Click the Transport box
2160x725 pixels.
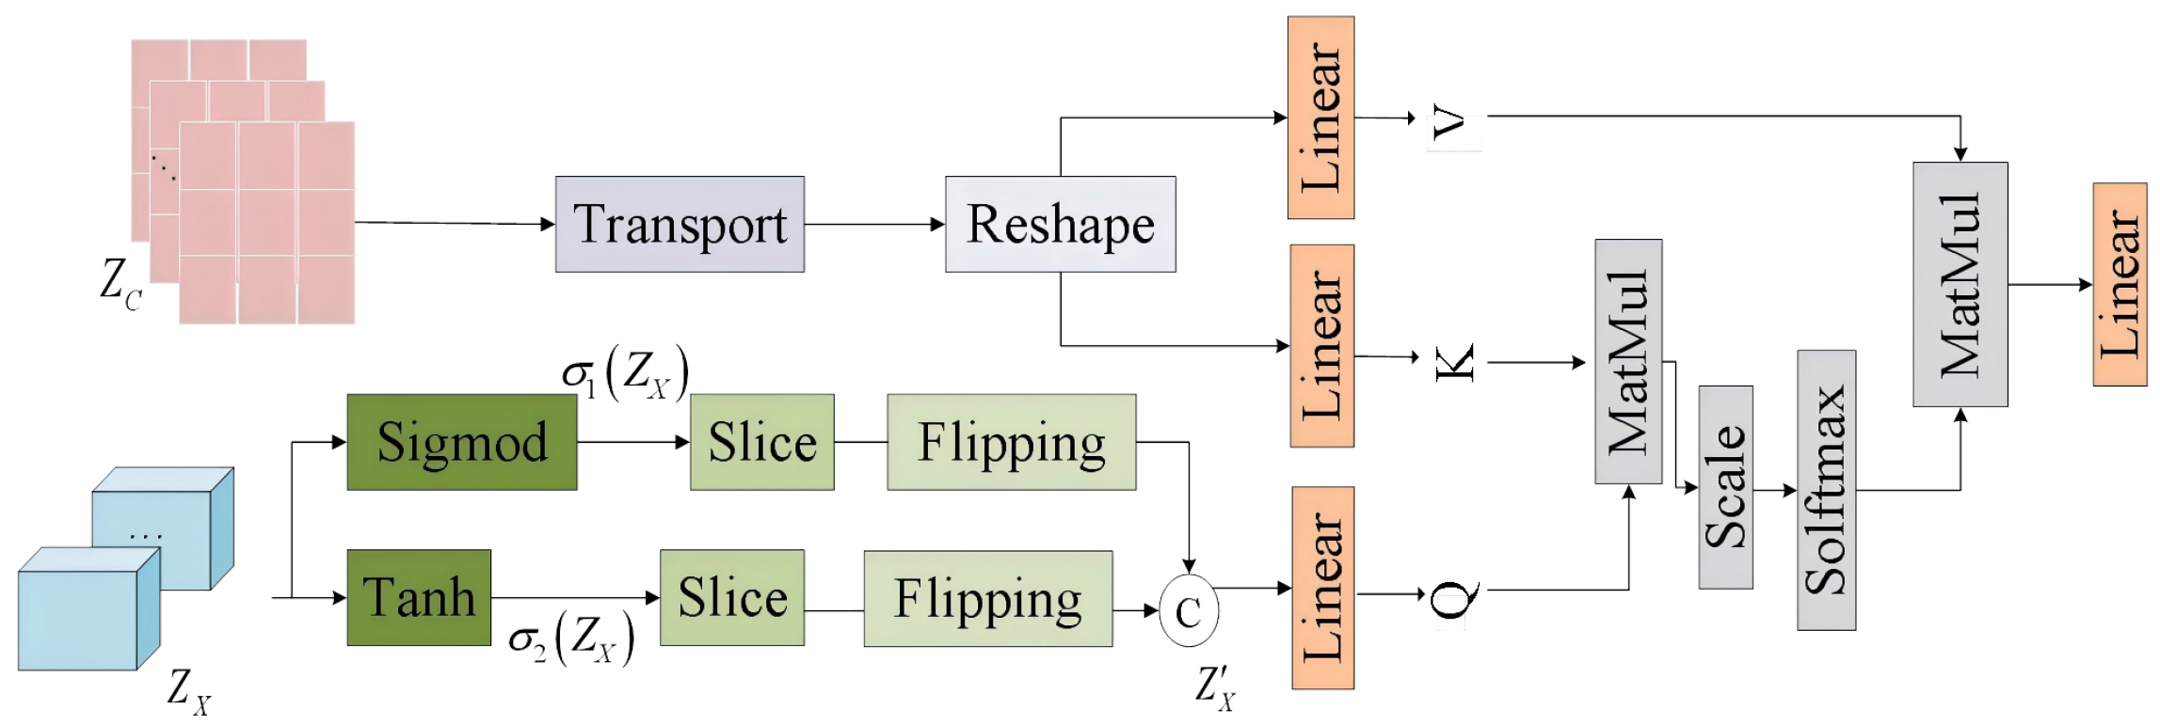click(680, 225)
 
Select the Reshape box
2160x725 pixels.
click(1060, 225)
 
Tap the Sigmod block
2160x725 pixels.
click(461, 442)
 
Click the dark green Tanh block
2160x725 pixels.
click(419, 598)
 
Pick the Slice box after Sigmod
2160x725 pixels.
click(761, 442)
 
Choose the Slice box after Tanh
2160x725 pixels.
click(731, 598)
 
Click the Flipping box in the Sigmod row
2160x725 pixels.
click(1011, 442)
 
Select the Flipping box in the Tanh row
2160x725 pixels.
click(987, 599)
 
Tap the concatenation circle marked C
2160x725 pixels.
click(1188, 611)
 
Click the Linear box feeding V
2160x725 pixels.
click(1320, 118)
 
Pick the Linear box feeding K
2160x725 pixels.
click(1321, 346)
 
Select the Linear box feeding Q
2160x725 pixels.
click(1322, 589)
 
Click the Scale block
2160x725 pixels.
click(1725, 487)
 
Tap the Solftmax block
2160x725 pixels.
click(1826, 491)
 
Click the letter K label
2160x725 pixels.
click(1454, 363)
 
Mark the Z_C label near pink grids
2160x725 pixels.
click(120, 283)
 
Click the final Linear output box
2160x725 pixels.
click(2120, 284)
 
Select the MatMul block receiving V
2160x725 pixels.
click(1960, 284)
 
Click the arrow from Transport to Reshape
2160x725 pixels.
click(874, 225)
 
